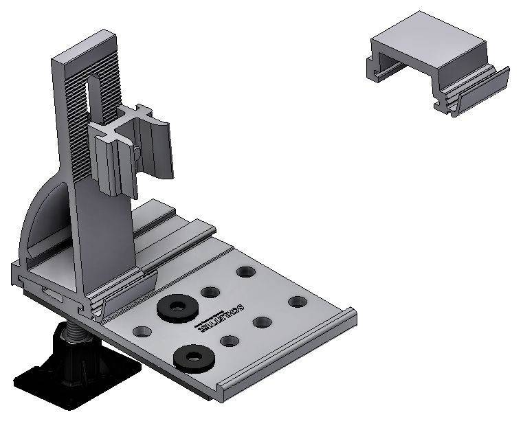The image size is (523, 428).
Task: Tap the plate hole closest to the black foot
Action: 142,332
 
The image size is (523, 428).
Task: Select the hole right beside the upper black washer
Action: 210,292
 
